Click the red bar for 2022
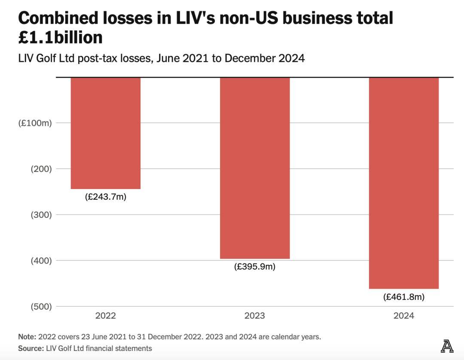tap(106, 133)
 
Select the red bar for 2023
tap(255, 168)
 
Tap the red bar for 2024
tap(404, 183)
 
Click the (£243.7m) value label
tap(106, 197)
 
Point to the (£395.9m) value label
tap(255, 267)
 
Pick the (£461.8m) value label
tap(404, 297)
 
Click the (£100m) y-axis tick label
tap(35, 123)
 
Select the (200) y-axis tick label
tap(41, 169)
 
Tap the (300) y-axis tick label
tap(41, 215)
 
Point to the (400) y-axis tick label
tap(41, 260)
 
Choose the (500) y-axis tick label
tap(41, 306)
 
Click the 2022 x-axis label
tap(106, 316)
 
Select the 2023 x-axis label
tap(255, 316)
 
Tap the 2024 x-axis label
tap(404, 316)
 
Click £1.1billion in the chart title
tap(61, 37)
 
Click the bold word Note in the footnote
tap(27, 337)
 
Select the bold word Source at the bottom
tap(31, 348)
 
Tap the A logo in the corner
tap(447, 346)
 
